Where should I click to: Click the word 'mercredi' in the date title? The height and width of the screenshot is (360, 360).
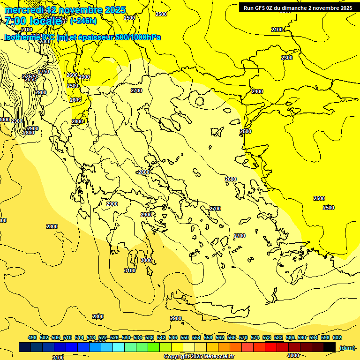coord(24,10)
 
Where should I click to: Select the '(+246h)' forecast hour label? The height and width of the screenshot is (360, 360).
coord(83,21)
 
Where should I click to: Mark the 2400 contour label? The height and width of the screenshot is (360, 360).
coord(257,91)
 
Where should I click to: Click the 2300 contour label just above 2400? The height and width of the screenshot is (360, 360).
coord(287,58)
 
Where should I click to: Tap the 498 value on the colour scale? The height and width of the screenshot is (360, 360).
coord(32,337)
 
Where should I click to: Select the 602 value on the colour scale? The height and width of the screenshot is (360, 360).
coord(337,337)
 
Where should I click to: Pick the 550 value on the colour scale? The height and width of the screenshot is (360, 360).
coord(185,337)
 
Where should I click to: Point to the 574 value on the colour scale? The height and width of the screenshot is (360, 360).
coord(255,337)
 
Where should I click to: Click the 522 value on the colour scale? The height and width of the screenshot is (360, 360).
coord(103,337)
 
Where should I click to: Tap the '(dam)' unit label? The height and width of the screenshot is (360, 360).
coord(346,347)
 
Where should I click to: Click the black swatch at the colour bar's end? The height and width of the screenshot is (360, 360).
coord(330,347)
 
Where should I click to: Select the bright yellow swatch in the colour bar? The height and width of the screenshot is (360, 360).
coord(177,347)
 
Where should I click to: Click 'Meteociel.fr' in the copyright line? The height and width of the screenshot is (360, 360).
coord(219,357)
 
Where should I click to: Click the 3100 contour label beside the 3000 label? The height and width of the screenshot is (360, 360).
coord(130,270)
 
